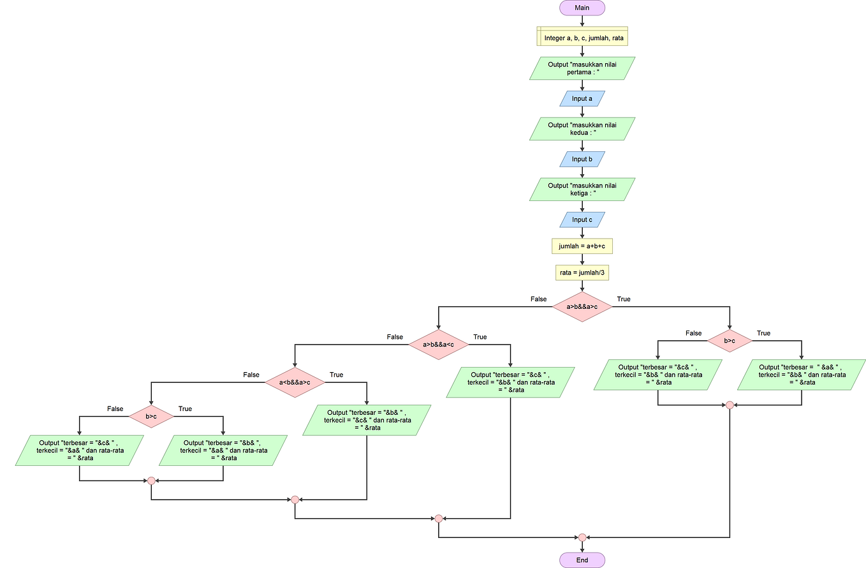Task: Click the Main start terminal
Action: pyautogui.click(x=582, y=7)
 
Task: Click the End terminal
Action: pyautogui.click(x=582, y=560)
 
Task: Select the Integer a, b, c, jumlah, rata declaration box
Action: pyautogui.click(x=582, y=37)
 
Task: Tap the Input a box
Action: pyautogui.click(x=582, y=98)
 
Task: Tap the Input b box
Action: pyautogui.click(x=582, y=159)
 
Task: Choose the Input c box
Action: pyautogui.click(x=582, y=220)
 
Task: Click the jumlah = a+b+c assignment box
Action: pyautogui.click(x=582, y=246)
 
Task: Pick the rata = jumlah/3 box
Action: pyautogui.click(x=582, y=273)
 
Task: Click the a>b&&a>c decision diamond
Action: pyautogui.click(x=582, y=307)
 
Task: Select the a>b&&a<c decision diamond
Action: pyautogui.click(x=438, y=345)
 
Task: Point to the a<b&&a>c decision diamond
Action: pyautogui.click(x=295, y=382)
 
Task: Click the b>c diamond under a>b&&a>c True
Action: pyautogui.click(x=729, y=341)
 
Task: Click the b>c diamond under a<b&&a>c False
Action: pyautogui.click(x=151, y=416)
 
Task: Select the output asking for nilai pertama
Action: pyautogui.click(x=582, y=68)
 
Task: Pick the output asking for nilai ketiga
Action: pyautogui.click(x=582, y=190)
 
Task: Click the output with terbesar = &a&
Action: pyautogui.click(x=802, y=375)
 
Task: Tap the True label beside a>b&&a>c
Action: pyautogui.click(x=623, y=299)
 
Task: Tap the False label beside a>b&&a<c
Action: pyautogui.click(x=395, y=336)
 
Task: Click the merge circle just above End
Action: pyautogui.click(x=582, y=537)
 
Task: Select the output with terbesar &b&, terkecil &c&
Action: pyautogui.click(x=366, y=420)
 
